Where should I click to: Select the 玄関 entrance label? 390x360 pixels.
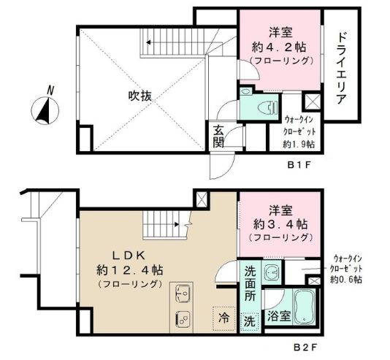[x=219, y=137]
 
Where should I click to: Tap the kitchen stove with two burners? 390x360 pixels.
[x=181, y=318]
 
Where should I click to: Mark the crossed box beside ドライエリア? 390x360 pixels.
[x=312, y=102]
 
